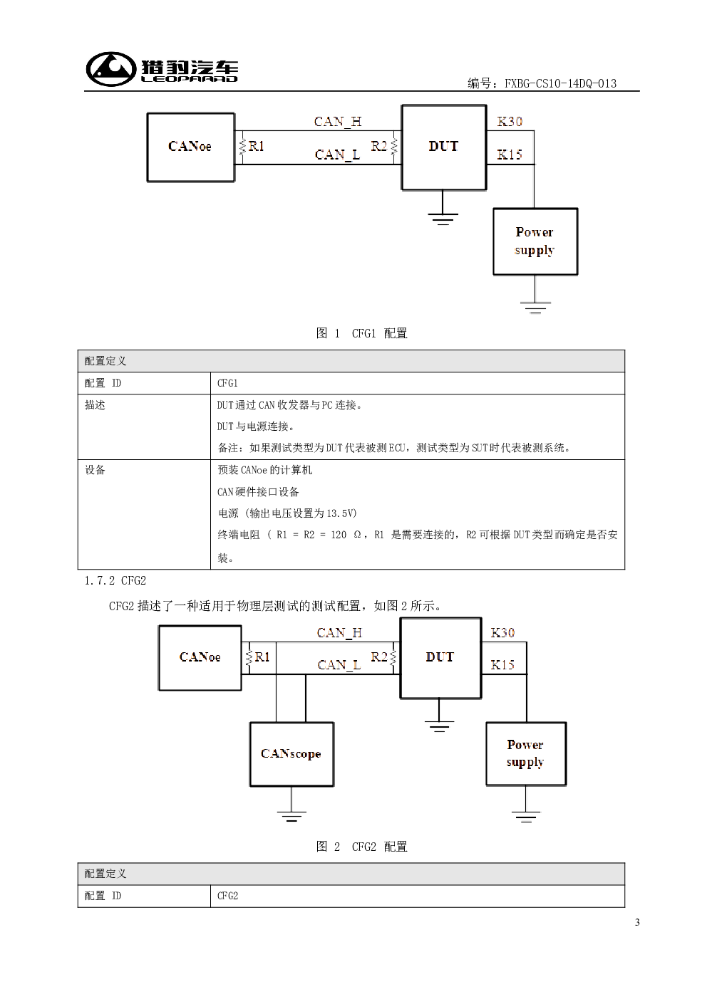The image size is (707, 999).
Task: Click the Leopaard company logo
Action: pyautogui.click(x=162, y=68)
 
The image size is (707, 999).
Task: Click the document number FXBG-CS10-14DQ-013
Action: pyautogui.click(x=560, y=83)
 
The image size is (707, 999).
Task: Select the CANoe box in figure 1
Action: pyautogui.click(x=190, y=147)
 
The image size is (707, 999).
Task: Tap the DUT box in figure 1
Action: pyautogui.click(x=444, y=147)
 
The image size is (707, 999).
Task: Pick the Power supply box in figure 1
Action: pyautogui.click(x=535, y=241)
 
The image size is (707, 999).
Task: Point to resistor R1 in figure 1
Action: pyautogui.click(x=242, y=147)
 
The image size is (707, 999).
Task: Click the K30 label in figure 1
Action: pyautogui.click(x=510, y=121)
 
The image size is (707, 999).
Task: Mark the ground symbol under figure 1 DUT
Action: pyautogui.click(x=443, y=219)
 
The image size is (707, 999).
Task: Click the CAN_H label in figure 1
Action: pyautogui.click(x=337, y=121)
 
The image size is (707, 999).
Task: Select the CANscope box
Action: pyautogui.click(x=291, y=754)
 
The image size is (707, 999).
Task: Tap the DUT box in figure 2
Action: pyautogui.click(x=440, y=658)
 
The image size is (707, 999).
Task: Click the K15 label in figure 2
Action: pyautogui.click(x=502, y=665)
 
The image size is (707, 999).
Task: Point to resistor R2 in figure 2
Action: pyautogui.click(x=393, y=657)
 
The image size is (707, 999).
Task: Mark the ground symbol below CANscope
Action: pyautogui.click(x=291, y=816)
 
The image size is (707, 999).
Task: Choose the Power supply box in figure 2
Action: pyautogui.click(x=526, y=754)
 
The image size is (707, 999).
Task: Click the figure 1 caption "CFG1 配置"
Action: pyautogui.click(x=379, y=333)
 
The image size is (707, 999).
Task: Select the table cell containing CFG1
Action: pyautogui.click(x=418, y=383)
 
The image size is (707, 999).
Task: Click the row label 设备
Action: pyautogui.click(x=95, y=470)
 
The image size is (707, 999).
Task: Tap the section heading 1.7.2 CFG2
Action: pyautogui.click(x=115, y=580)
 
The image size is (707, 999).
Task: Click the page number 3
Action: pyautogui.click(x=637, y=922)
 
